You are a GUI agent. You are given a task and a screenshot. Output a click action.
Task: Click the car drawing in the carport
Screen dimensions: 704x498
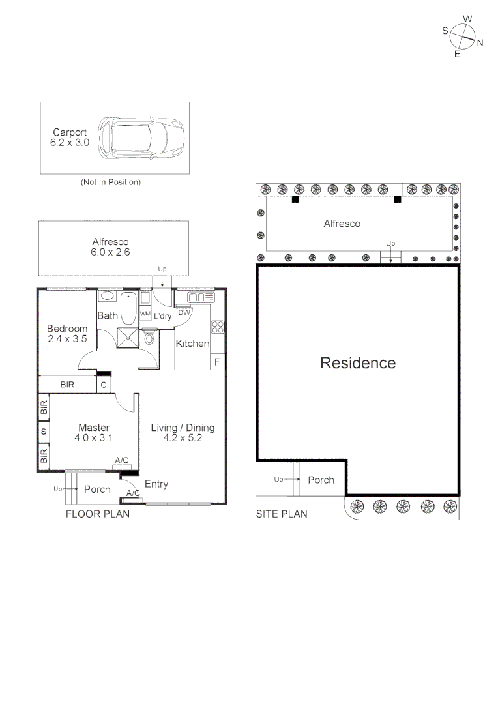click(141, 138)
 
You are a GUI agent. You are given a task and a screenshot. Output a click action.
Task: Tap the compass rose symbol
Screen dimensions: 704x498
click(462, 37)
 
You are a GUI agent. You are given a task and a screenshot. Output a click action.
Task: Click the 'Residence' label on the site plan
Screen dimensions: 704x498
click(357, 363)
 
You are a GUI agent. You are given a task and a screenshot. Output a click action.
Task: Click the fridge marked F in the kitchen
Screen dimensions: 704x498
click(217, 361)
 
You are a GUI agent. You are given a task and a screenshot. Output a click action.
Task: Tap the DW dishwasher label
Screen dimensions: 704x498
click(184, 312)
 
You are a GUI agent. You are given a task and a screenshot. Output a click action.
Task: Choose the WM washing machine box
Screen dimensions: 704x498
click(145, 314)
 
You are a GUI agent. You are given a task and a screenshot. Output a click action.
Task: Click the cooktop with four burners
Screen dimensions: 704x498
click(218, 327)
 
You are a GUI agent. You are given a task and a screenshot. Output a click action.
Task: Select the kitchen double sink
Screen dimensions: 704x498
click(201, 297)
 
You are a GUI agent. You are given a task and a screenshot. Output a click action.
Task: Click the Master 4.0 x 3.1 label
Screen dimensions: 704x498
click(93, 433)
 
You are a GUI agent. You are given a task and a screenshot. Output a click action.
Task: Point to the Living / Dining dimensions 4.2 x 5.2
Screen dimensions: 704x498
click(183, 438)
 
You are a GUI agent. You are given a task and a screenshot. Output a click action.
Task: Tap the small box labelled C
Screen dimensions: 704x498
click(103, 385)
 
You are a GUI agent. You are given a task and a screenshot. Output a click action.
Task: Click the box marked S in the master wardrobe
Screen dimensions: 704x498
click(44, 432)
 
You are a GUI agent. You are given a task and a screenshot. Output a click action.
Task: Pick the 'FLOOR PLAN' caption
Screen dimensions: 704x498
click(98, 514)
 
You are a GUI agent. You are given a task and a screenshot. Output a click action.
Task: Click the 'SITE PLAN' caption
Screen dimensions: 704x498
click(281, 514)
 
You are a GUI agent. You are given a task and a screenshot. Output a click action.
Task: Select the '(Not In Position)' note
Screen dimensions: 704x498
click(110, 183)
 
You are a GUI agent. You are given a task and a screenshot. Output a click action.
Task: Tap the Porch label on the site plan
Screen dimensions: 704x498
click(321, 480)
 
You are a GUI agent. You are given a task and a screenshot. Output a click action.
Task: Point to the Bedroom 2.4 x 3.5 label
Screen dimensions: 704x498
click(66, 334)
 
